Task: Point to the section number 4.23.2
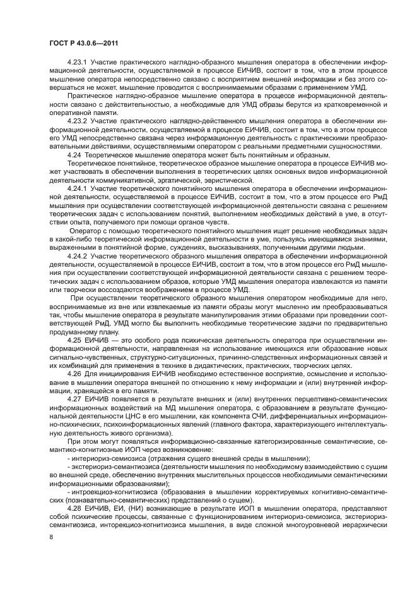[78, 121]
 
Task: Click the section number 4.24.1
[78, 188]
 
